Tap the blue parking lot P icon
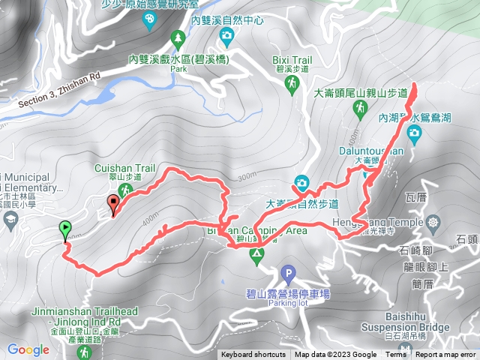click(x=287, y=274)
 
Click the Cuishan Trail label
click(x=117, y=168)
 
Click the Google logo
click(x=28, y=349)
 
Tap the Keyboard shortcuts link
click(x=253, y=355)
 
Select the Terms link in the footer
click(x=395, y=355)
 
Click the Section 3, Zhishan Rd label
click(x=58, y=89)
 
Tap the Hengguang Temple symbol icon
click(x=433, y=223)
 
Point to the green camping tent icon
click(x=256, y=256)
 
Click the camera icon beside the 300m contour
click(x=301, y=182)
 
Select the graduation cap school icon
click(x=11, y=218)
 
